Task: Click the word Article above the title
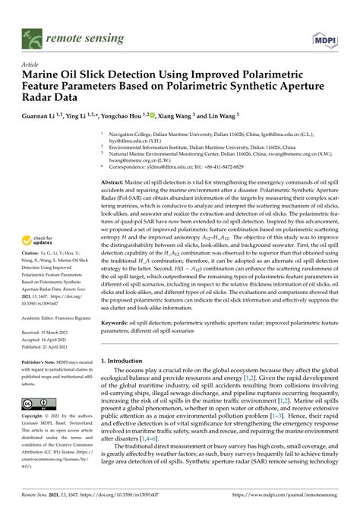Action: [32, 65]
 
